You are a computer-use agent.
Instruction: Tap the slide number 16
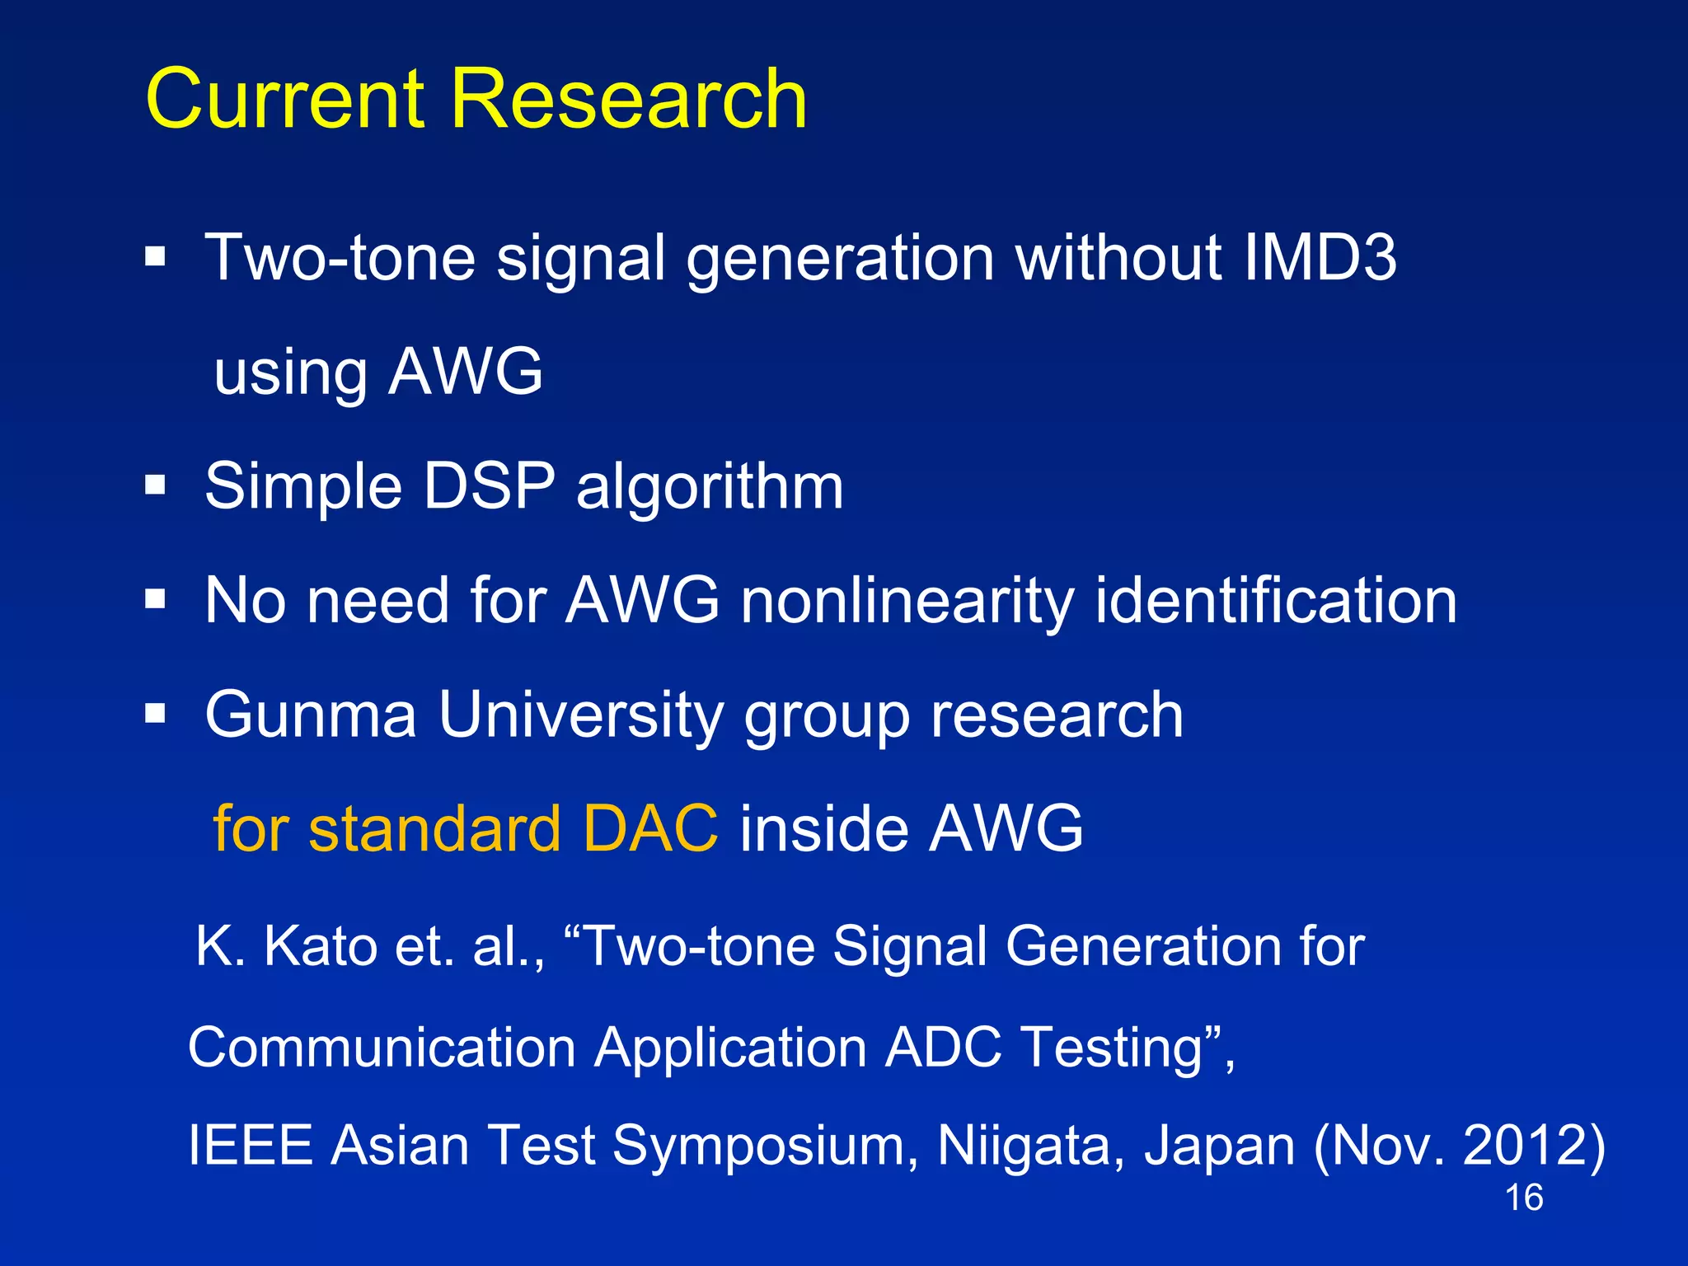1523,1198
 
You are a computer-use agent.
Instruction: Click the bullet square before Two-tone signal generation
155,257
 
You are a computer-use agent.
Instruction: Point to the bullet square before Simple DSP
155,485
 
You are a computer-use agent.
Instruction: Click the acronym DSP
488,486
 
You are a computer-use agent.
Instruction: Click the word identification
1276,600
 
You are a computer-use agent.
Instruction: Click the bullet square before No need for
155,599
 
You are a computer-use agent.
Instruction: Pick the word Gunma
311,715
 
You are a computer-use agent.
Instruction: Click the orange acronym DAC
650,828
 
